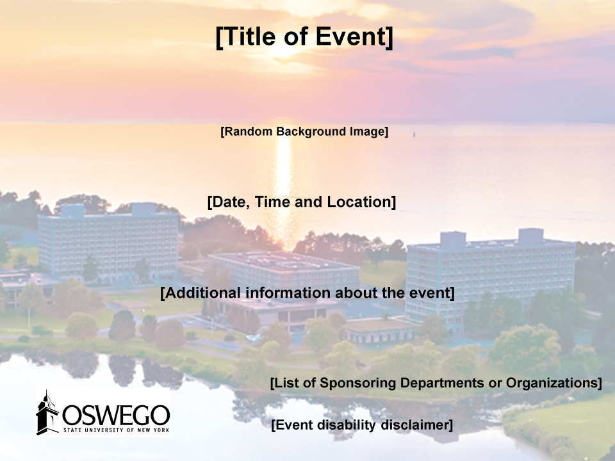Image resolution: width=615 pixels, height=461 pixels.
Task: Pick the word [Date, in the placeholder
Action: tap(229, 202)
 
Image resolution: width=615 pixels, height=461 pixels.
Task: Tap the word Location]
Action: tap(361, 202)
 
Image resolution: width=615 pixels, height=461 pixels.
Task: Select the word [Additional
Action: tap(201, 293)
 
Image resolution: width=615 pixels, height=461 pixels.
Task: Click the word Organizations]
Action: tap(553, 383)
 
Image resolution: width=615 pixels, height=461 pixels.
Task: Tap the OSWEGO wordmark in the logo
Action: tap(116, 415)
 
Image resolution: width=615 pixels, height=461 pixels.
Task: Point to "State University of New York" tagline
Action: tap(117, 430)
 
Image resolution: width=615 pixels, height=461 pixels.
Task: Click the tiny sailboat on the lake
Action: tap(414, 135)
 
